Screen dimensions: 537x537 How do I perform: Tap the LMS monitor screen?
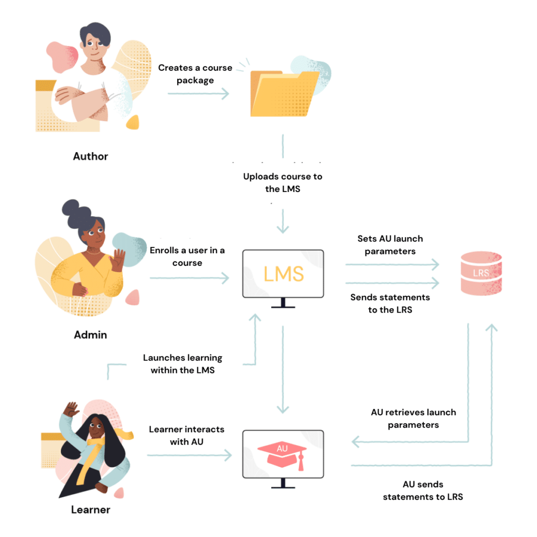[283, 274]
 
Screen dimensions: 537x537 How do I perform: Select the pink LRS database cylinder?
[480, 273]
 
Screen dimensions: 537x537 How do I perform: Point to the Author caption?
[91, 156]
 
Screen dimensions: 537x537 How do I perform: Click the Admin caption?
[90, 335]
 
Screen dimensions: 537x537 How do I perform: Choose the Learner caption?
[91, 509]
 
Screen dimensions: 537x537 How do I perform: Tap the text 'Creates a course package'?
[195, 74]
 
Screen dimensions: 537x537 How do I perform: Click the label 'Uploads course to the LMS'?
[283, 182]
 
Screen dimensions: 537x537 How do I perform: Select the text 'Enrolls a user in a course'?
[187, 256]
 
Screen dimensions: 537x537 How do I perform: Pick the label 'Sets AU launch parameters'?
[390, 245]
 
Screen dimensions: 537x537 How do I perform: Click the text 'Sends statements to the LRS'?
[390, 304]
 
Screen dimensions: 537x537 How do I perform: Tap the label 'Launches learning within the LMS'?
[182, 364]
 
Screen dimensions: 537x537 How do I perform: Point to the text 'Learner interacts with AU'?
[187, 435]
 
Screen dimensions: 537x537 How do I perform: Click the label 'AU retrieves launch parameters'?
[413, 418]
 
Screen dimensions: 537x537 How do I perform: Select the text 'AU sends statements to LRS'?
[423, 490]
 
